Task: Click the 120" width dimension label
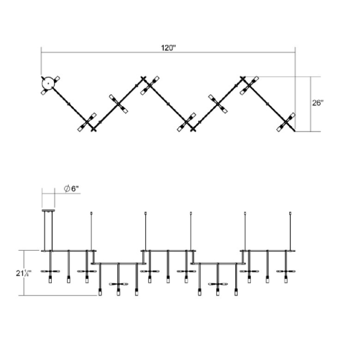168,48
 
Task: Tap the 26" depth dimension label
318,103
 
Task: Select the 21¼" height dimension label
24,273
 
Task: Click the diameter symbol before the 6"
67,189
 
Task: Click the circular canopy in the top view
48,83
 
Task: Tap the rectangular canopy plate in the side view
48,210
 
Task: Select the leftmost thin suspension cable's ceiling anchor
91,213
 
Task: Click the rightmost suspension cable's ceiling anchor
290,213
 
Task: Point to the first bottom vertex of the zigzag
93,130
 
